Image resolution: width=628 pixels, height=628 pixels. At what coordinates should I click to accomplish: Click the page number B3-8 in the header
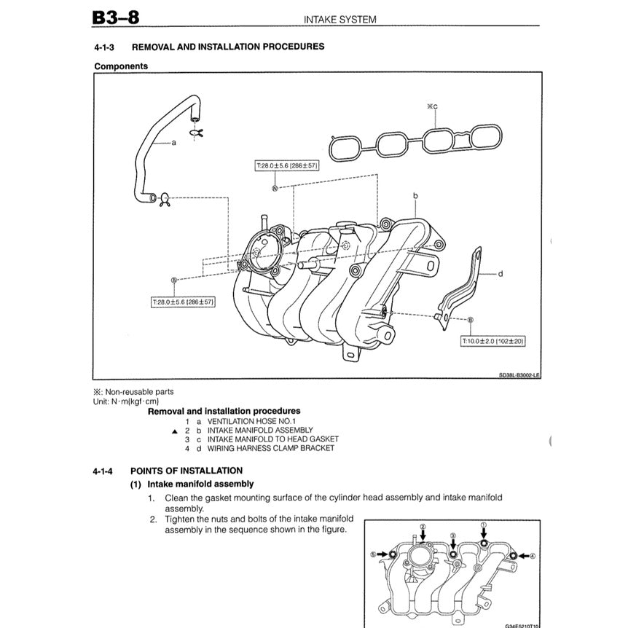[117, 17]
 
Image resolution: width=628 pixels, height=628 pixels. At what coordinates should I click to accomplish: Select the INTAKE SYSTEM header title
[340, 20]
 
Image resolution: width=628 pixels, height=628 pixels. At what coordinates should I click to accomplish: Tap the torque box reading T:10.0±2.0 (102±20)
[493, 341]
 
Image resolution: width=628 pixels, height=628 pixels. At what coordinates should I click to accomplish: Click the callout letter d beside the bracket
[501, 274]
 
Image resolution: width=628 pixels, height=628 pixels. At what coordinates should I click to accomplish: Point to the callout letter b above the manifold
[415, 196]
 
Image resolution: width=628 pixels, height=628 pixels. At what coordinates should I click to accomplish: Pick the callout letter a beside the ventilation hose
[173, 143]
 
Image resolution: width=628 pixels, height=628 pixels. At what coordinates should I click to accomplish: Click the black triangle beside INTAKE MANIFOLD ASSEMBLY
[174, 431]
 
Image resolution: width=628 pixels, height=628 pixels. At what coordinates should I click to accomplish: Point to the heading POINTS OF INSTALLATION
[187, 471]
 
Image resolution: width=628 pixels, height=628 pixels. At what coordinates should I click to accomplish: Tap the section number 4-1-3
[106, 47]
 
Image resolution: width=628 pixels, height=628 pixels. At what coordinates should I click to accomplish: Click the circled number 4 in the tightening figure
[532, 555]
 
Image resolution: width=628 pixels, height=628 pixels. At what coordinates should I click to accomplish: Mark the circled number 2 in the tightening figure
[422, 526]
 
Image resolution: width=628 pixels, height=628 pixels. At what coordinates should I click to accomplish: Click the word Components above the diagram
[121, 66]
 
